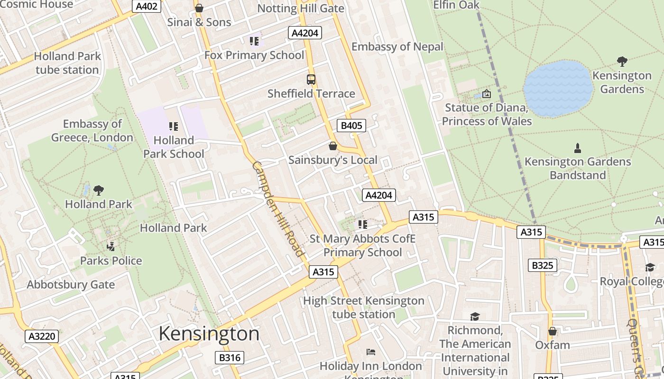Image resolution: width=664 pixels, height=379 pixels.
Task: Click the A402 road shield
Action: click(x=146, y=6)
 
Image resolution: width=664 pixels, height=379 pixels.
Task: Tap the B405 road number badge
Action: click(x=351, y=126)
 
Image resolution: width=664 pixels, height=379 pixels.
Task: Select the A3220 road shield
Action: click(x=42, y=336)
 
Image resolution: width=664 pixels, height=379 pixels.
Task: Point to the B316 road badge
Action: click(x=230, y=358)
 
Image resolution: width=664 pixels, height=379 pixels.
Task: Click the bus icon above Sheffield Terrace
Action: click(x=311, y=80)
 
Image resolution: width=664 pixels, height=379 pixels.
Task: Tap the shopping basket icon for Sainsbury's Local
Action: click(x=333, y=146)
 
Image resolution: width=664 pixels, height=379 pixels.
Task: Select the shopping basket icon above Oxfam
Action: click(x=553, y=331)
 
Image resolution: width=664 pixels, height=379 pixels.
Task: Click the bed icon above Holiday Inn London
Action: click(x=371, y=352)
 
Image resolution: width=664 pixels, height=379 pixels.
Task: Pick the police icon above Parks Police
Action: click(x=111, y=246)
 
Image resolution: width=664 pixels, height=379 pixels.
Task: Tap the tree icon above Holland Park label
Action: click(x=99, y=190)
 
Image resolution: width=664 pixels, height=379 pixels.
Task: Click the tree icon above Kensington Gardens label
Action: click(x=622, y=62)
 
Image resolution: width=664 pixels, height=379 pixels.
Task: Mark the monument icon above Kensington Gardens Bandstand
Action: click(x=577, y=148)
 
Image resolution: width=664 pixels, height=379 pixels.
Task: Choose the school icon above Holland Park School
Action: click(x=174, y=126)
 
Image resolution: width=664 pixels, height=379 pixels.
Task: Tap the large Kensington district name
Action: click(x=209, y=334)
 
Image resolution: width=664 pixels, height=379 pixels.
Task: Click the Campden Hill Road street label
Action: click(x=277, y=208)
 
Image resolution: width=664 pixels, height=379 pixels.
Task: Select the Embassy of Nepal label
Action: click(x=397, y=46)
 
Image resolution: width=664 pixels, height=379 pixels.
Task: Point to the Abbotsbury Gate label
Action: click(x=71, y=285)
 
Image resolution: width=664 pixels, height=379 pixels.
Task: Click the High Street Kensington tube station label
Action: click(x=363, y=307)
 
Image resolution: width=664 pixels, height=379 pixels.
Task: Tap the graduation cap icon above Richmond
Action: click(x=475, y=316)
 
